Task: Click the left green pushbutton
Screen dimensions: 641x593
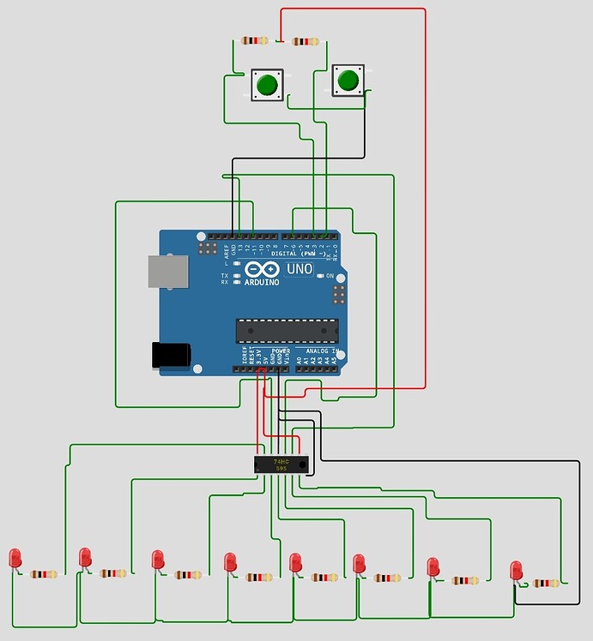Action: pos(266,85)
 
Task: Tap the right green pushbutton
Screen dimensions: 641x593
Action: pos(348,81)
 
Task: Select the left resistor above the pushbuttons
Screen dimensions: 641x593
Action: pos(255,40)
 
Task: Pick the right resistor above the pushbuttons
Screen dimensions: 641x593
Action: pos(306,41)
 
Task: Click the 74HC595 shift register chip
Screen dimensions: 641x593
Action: pos(281,464)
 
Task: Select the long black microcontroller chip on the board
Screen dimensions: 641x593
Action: pos(287,330)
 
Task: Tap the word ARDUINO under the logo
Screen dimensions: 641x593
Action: pos(262,282)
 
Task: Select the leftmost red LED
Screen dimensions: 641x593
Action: pos(15,559)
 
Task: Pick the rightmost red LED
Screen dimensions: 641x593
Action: pos(516,570)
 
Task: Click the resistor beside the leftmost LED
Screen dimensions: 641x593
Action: pos(44,574)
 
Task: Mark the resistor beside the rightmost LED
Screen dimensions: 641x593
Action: pos(545,584)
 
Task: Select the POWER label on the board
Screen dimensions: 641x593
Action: pos(281,351)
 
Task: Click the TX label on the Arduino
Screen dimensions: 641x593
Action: pos(225,274)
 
